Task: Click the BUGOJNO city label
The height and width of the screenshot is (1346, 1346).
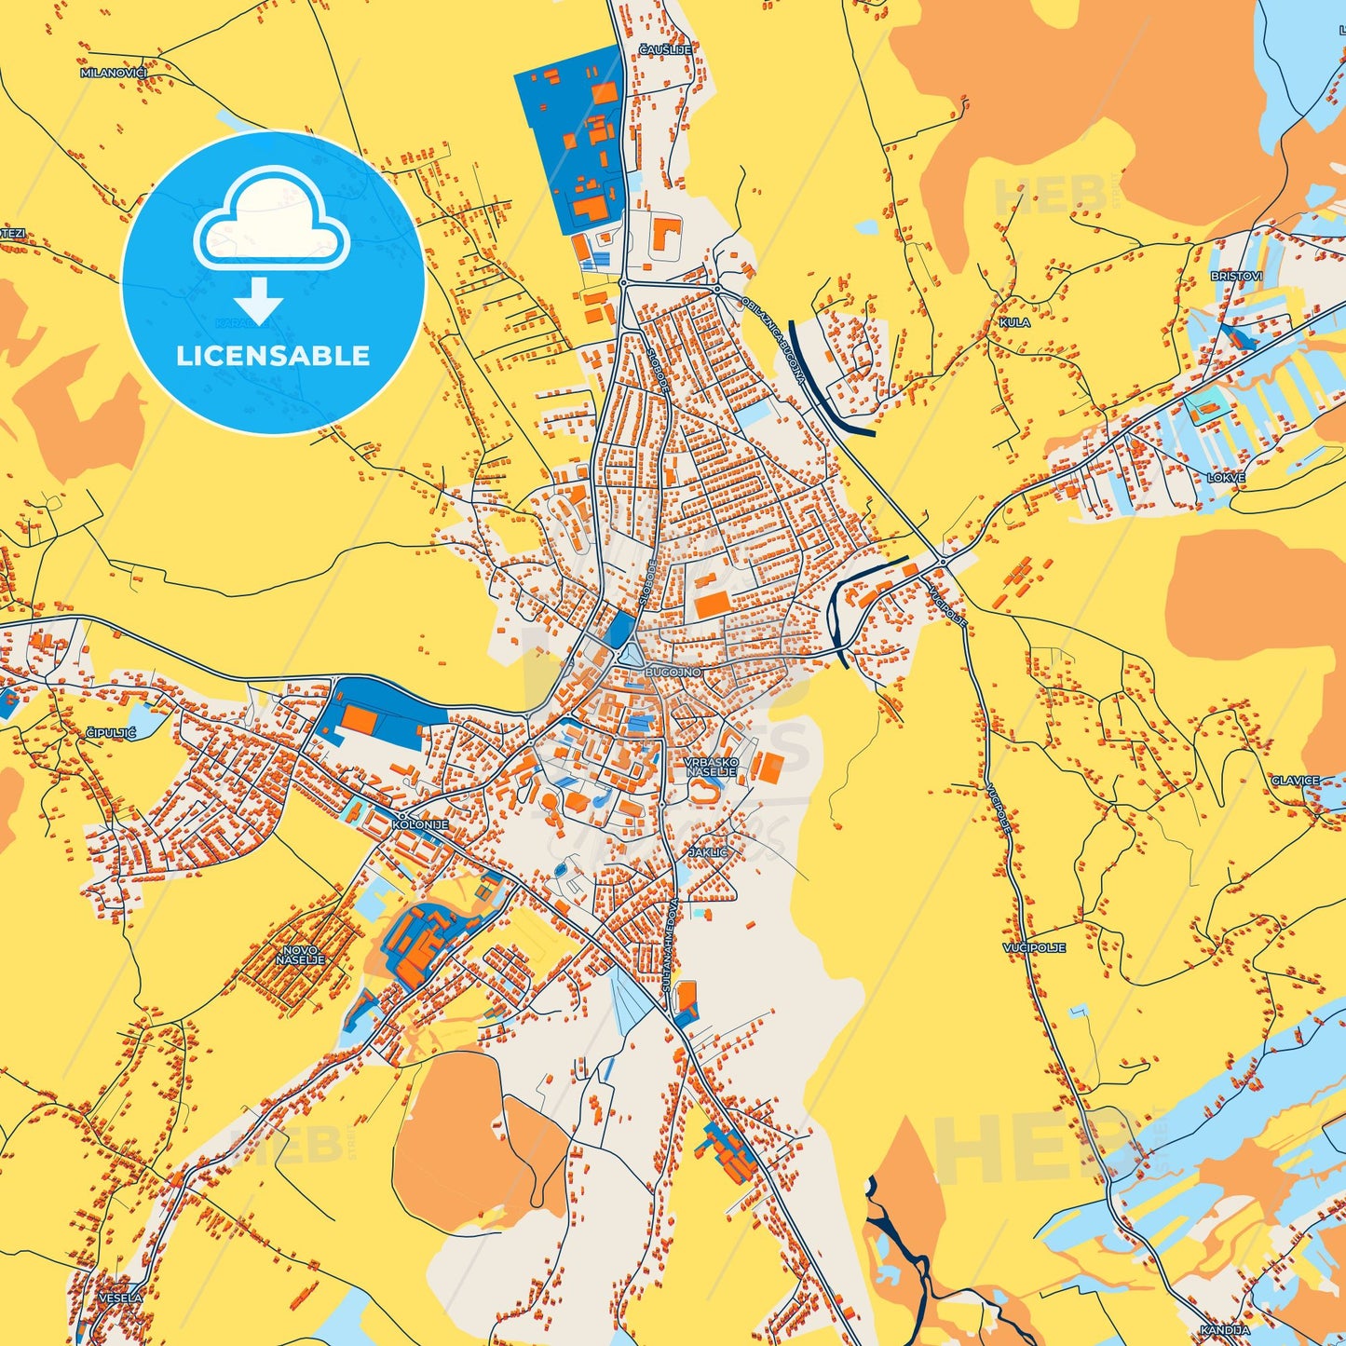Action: [673, 672]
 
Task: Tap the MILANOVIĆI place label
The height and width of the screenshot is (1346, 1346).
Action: [114, 73]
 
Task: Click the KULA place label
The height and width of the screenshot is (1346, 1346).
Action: [1014, 322]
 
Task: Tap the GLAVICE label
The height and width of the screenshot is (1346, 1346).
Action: [1296, 781]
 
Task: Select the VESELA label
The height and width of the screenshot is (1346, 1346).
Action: [121, 1298]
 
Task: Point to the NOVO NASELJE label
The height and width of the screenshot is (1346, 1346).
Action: [301, 955]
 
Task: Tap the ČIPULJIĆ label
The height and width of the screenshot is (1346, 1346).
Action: [112, 733]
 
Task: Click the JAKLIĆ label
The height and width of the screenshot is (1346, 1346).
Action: [708, 852]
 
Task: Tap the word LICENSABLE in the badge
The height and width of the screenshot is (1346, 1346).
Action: [273, 356]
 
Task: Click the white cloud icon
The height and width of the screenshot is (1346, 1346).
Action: [271, 219]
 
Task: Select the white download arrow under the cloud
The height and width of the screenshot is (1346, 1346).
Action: [258, 300]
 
